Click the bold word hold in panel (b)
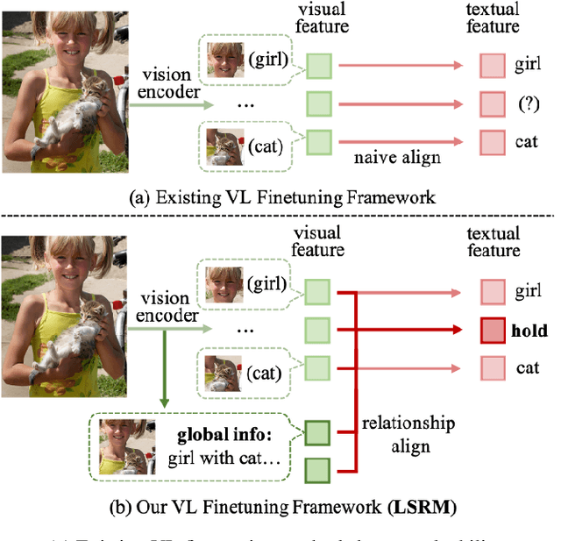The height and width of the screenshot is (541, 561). tap(531, 331)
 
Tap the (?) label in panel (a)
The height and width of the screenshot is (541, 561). tap(528, 103)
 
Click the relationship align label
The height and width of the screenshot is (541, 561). tap(408, 435)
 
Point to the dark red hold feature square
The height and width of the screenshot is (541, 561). tap(493, 331)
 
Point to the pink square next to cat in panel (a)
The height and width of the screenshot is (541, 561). tap(493, 141)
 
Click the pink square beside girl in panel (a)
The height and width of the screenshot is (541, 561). tap(493, 63)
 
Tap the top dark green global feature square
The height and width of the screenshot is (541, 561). tap(316, 433)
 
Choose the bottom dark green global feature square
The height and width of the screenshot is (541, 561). tap(316, 469)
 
